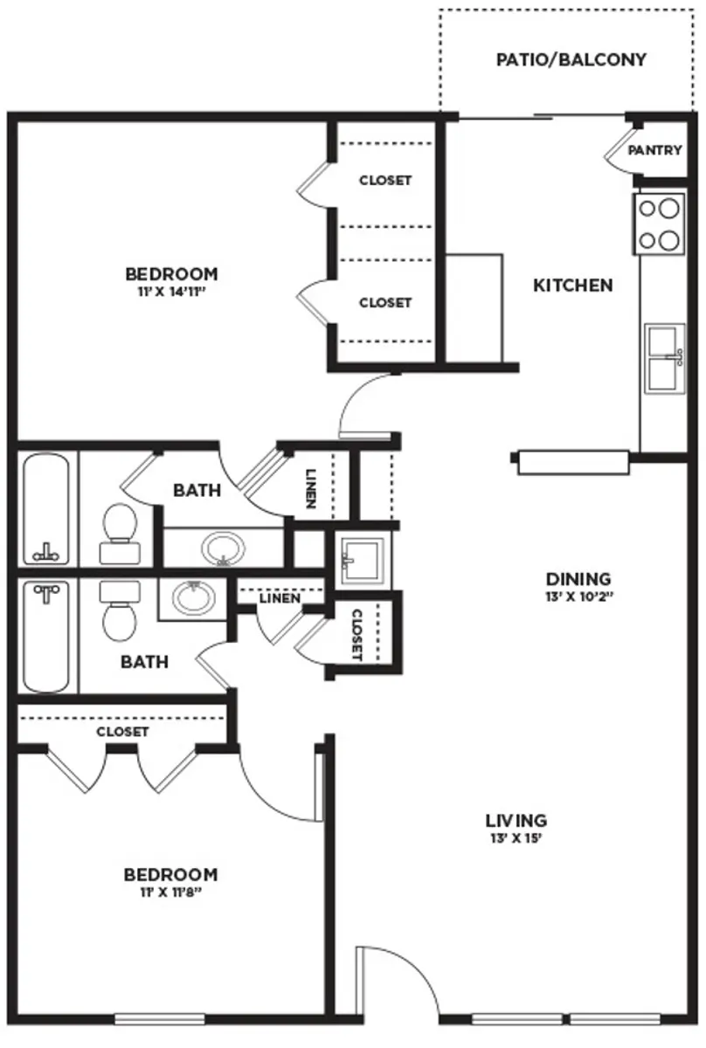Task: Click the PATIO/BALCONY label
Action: point(571,60)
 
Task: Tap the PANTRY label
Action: point(654,150)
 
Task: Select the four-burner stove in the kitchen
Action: point(659,224)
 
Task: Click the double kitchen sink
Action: point(665,358)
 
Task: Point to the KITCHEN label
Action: point(572,286)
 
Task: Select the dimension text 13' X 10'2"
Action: point(578,597)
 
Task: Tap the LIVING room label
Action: point(516,820)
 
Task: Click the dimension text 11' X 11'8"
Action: point(170,893)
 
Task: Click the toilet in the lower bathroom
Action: point(119,611)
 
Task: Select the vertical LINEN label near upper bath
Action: point(311,491)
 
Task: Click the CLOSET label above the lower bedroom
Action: point(122,732)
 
